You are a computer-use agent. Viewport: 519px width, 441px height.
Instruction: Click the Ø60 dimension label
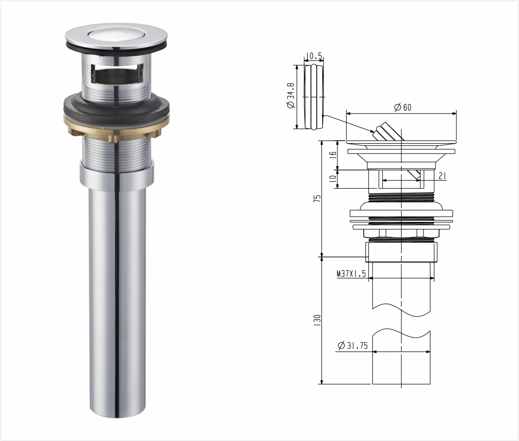click(x=403, y=107)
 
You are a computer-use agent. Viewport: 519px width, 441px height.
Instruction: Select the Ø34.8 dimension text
click(x=291, y=96)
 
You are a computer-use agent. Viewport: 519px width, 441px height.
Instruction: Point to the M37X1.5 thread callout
click(x=351, y=274)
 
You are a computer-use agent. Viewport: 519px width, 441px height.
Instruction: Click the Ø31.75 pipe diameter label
click(x=353, y=346)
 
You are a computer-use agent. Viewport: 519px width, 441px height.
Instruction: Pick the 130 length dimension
click(x=317, y=320)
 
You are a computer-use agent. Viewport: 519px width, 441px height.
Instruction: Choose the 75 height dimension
click(x=317, y=198)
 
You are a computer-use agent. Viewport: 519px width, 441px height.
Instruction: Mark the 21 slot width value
click(x=442, y=176)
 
